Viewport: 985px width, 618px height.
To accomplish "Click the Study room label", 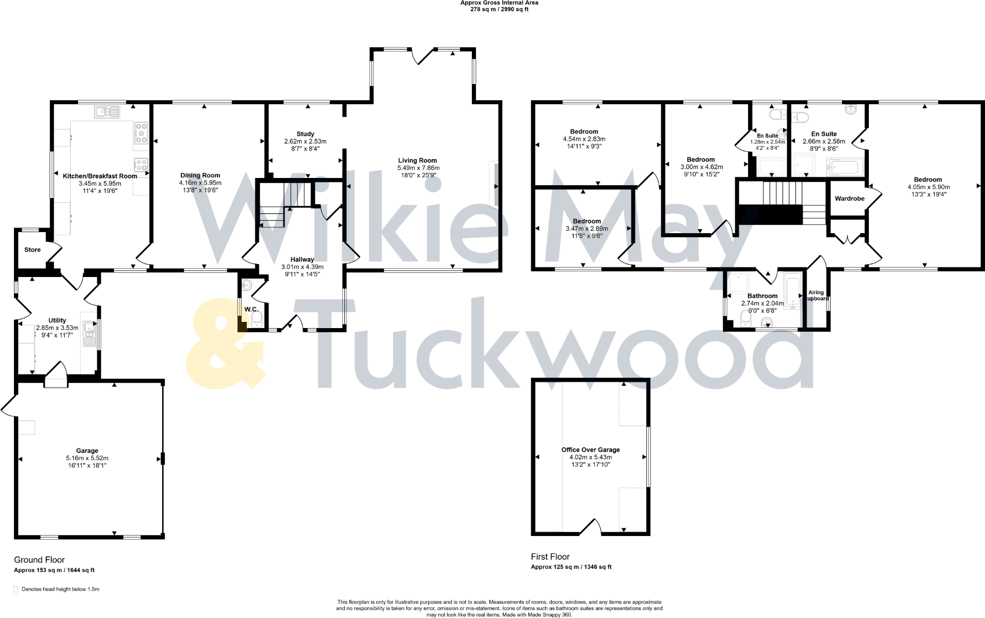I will (305, 134).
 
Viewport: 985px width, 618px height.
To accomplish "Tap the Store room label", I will (33, 250).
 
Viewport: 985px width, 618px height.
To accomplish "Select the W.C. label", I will (251, 309).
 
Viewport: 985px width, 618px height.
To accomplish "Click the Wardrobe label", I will (849, 199).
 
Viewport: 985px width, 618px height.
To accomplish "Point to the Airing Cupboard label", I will (816, 296).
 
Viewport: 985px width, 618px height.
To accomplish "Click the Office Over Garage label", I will (591, 450).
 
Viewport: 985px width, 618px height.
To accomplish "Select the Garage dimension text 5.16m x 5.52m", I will (87, 458).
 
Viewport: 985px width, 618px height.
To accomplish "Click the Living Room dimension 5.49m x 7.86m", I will (418, 168).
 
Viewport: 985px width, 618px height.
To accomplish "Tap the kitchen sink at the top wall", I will (107, 111).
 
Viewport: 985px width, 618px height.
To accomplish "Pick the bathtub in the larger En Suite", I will (844, 167).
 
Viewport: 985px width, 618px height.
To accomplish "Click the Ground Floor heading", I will (39, 560).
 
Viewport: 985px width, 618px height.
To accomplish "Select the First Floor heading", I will (550, 557).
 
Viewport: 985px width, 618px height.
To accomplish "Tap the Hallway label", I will (302, 259).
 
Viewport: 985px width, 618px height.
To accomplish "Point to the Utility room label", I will (57, 320).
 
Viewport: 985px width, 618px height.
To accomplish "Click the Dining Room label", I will (200, 175).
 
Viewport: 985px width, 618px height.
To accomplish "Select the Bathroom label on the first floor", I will (762, 296).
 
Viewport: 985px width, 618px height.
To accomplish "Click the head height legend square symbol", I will (16, 589).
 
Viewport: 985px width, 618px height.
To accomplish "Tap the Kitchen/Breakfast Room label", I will (100, 176).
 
